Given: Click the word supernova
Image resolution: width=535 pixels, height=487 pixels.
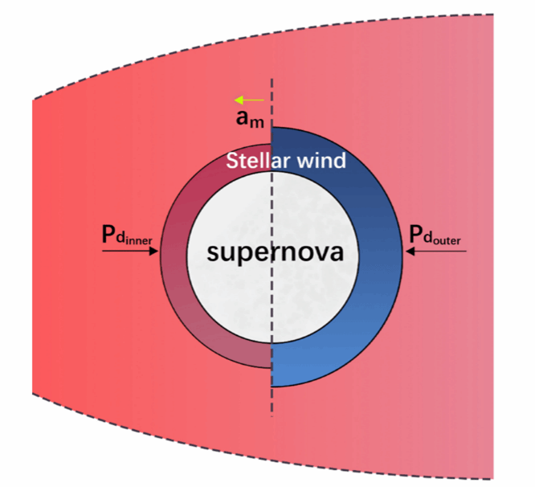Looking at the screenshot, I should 275,252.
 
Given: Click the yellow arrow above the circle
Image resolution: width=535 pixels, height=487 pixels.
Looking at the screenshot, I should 249,100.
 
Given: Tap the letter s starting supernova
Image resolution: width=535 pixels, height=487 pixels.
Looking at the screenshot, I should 212,253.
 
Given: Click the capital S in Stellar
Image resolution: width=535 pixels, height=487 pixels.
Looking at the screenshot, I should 232,161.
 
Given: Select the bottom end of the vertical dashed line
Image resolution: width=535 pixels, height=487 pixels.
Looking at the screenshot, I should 273,416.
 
